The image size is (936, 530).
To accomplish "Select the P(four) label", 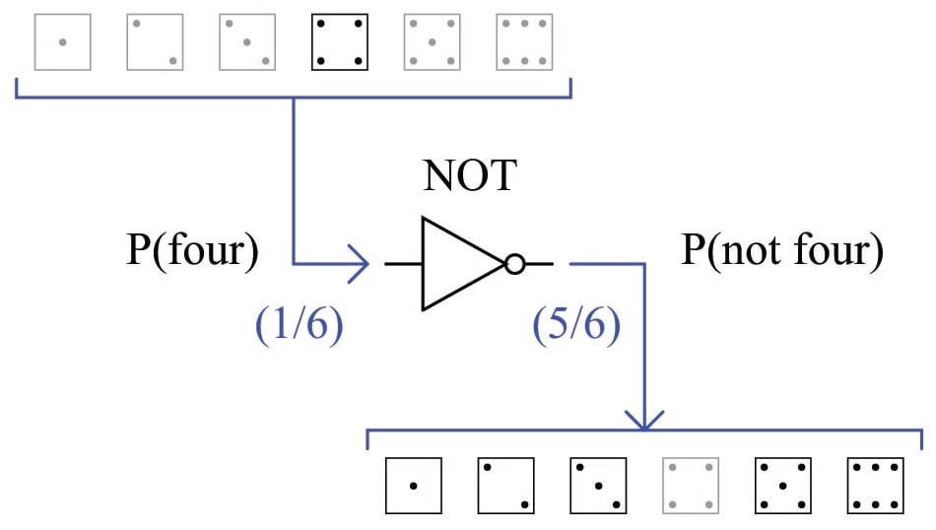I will pyautogui.click(x=192, y=252).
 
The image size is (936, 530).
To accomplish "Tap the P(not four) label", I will pyautogui.click(x=781, y=252).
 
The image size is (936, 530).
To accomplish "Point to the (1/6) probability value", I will pyautogui.click(x=299, y=326).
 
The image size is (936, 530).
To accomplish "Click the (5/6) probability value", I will pyautogui.click(x=576, y=326).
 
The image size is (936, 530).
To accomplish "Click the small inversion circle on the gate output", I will pyautogui.click(x=514, y=264).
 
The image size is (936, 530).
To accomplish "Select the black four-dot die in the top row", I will pyautogui.click(x=340, y=41).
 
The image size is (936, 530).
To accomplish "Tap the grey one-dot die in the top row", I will pyautogui.click(x=62, y=41).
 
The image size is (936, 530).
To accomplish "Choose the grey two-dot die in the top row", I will pyautogui.click(x=155, y=41).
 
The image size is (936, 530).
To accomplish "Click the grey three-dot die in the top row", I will pyautogui.click(x=247, y=41).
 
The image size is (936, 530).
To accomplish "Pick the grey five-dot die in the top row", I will pyautogui.click(x=433, y=41).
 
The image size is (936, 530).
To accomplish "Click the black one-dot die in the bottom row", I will pyautogui.click(x=414, y=485).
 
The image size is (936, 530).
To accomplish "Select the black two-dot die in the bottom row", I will pyautogui.click(x=506, y=485).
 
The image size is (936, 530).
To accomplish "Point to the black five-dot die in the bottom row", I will pyautogui.click(x=784, y=485).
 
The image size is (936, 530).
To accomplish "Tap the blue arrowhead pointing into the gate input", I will pyautogui.click(x=362, y=264).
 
